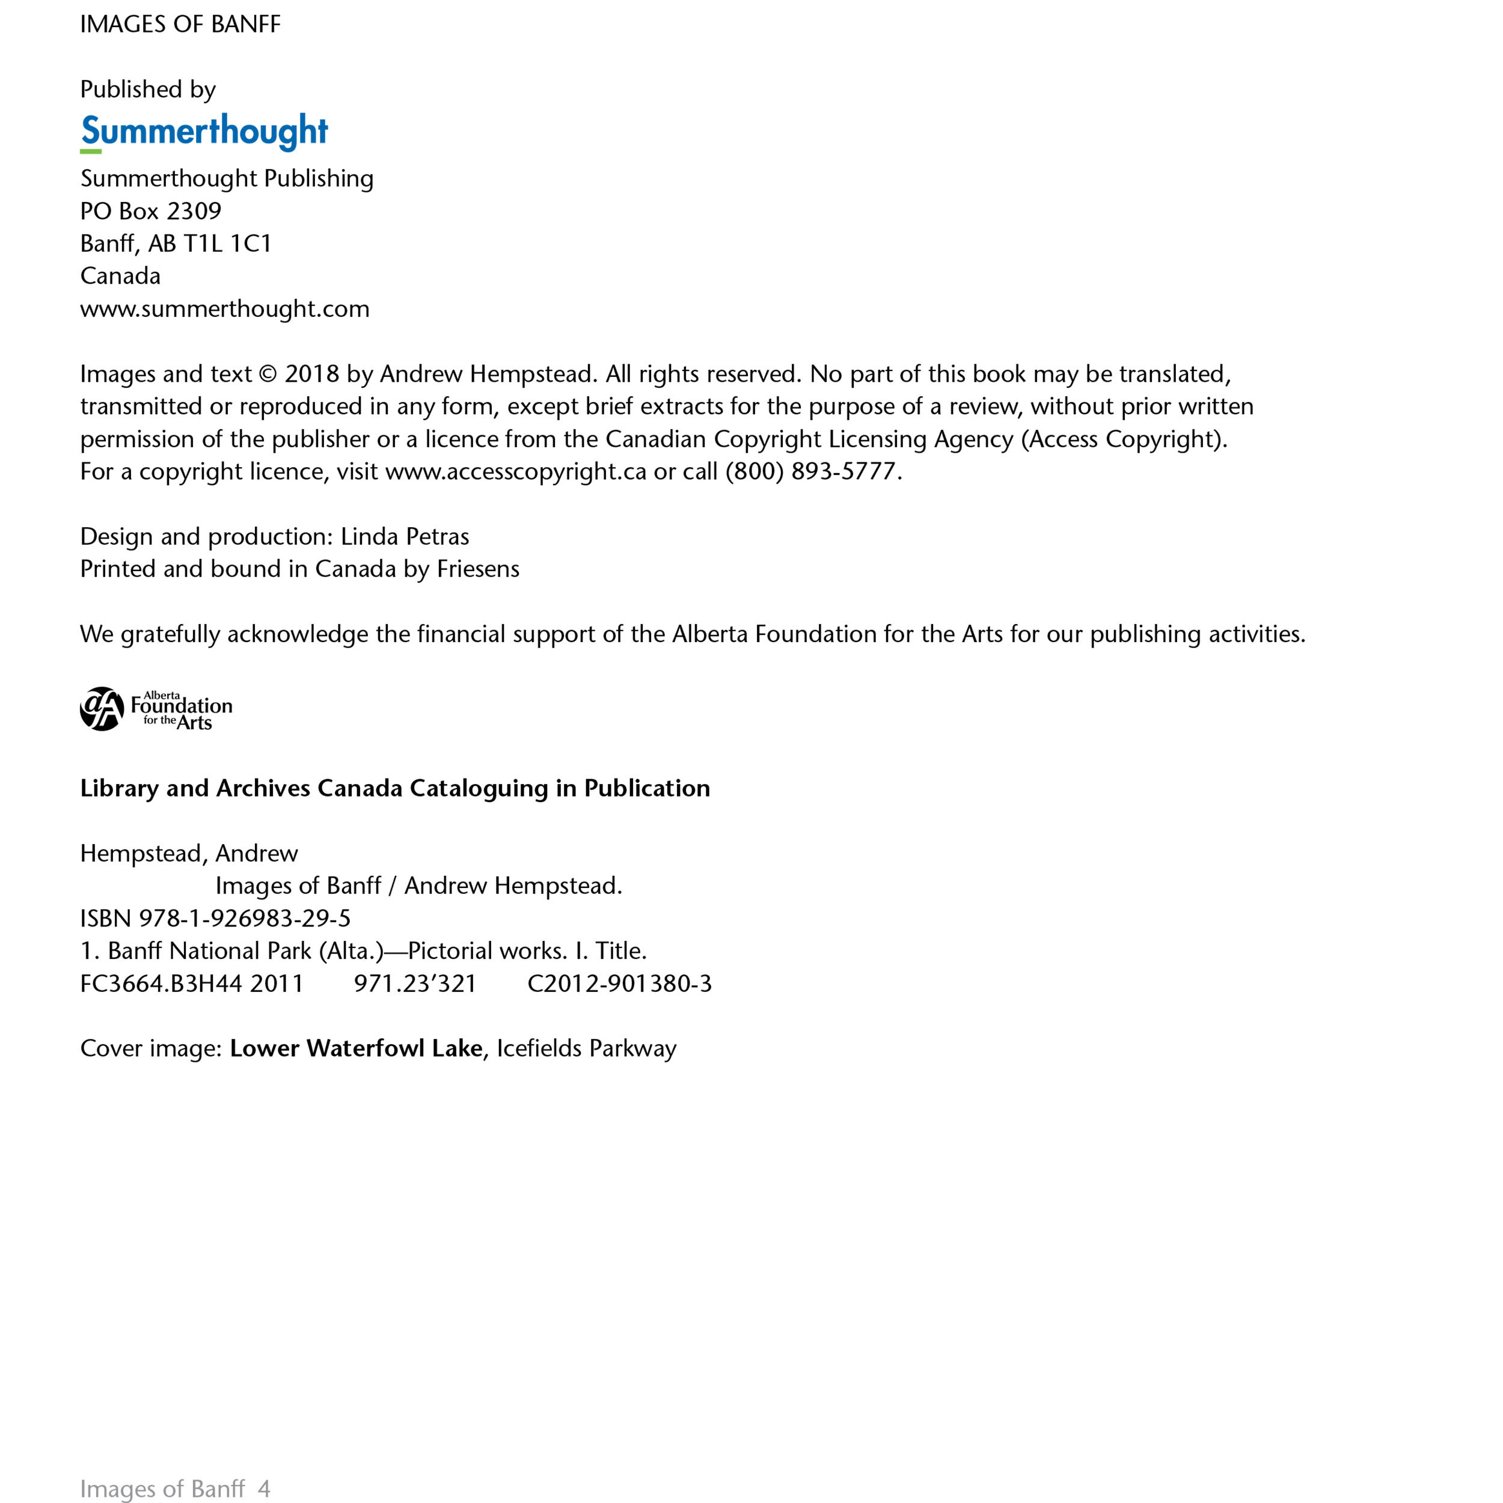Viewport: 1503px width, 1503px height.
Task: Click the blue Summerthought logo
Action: (x=204, y=132)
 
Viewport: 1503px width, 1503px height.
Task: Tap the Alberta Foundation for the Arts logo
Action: (x=156, y=709)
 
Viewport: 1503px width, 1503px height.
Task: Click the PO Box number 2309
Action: (x=194, y=212)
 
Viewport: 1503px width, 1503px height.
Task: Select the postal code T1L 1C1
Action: (x=227, y=244)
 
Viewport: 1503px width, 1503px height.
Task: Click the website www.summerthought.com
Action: (x=225, y=309)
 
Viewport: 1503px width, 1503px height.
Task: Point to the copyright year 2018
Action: (x=311, y=374)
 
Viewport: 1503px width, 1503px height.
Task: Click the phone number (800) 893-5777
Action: (x=812, y=471)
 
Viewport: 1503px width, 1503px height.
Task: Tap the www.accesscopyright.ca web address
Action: (x=516, y=471)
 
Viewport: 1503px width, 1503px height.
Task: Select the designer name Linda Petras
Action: (x=405, y=537)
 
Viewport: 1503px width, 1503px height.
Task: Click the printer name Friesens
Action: (x=478, y=569)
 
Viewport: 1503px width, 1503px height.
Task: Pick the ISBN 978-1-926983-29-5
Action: (x=244, y=919)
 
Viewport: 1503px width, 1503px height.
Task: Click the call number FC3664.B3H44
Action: (x=162, y=984)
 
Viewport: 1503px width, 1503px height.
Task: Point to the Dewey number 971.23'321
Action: (x=415, y=984)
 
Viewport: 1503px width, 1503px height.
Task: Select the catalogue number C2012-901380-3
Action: (x=619, y=984)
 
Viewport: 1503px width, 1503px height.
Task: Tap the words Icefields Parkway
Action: (x=587, y=1048)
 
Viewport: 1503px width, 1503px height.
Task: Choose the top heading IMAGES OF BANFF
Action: (x=180, y=25)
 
